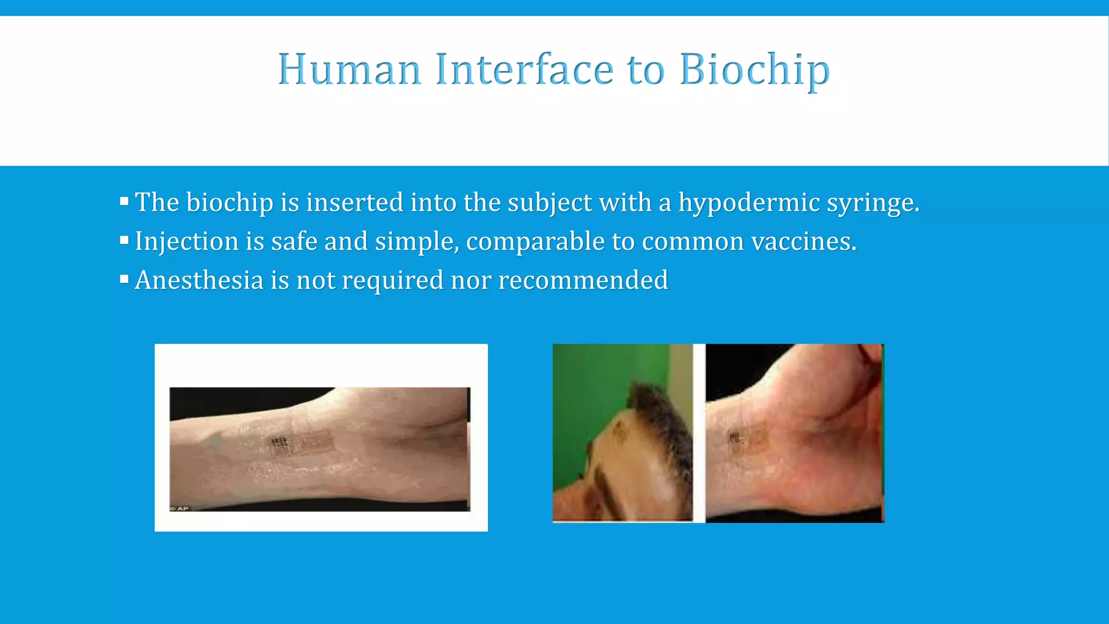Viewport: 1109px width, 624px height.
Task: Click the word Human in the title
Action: click(x=349, y=70)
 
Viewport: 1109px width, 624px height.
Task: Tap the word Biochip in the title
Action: click(x=754, y=70)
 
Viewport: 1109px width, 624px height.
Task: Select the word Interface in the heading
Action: click(x=524, y=70)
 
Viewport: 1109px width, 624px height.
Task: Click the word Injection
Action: click(x=187, y=242)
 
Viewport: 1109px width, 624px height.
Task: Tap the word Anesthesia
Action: click(x=199, y=281)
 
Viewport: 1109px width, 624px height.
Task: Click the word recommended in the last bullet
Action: click(x=583, y=281)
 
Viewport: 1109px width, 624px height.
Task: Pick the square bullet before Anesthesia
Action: click(x=124, y=279)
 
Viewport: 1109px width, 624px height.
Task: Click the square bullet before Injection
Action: click(x=124, y=240)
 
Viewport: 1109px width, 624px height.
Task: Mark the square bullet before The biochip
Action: click(x=124, y=201)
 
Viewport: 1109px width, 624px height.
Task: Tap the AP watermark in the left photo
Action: click(x=180, y=508)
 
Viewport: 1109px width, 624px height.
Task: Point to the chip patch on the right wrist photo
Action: click(x=745, y=440)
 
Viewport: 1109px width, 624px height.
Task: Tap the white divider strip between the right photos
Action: click(x=699, y=433)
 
